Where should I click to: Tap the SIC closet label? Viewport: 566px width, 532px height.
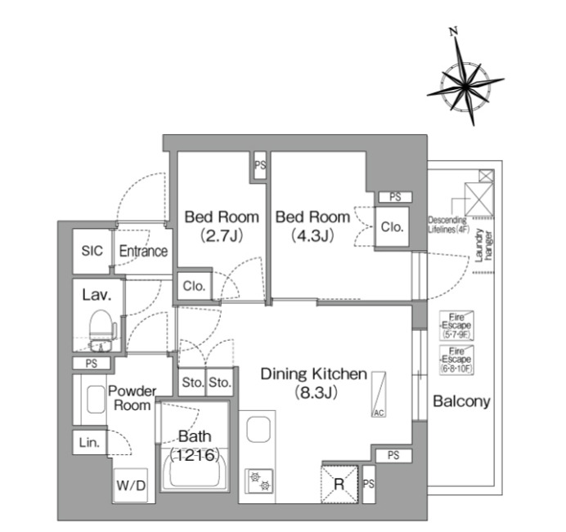coord(92,251)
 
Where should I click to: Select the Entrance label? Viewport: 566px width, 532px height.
coord(143,251)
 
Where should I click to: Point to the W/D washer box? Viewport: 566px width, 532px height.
coord(131,485)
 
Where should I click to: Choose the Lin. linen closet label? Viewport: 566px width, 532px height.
coord(89,443)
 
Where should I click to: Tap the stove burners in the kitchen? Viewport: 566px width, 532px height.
coord(259,481)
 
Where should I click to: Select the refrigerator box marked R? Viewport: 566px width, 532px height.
coord(338,483)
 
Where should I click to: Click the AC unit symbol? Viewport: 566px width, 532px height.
coord(379,395)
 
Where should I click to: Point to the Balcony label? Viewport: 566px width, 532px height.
coord(461,401)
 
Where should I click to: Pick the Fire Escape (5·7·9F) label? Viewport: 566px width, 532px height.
coord(457,324)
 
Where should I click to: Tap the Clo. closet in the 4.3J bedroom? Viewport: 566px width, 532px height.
coord(392,227)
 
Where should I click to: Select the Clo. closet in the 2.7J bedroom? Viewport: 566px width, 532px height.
coord(194,287)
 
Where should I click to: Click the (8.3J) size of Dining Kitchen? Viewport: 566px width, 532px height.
coord(313,392)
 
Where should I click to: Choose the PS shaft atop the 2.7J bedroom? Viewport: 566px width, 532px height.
coord(260,166)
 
